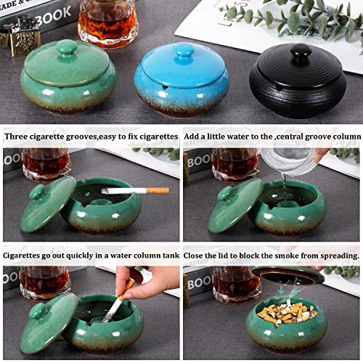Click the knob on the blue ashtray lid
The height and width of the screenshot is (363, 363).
pyautogui.click(x=183, y=50)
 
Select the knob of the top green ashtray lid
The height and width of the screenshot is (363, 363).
pyautogui.click(x=67, y=48)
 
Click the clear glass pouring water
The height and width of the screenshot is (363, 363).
pyautogui.click(x=286, y=160)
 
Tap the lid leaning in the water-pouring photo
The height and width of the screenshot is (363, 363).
pyautogui.click(x=234, y=205)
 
